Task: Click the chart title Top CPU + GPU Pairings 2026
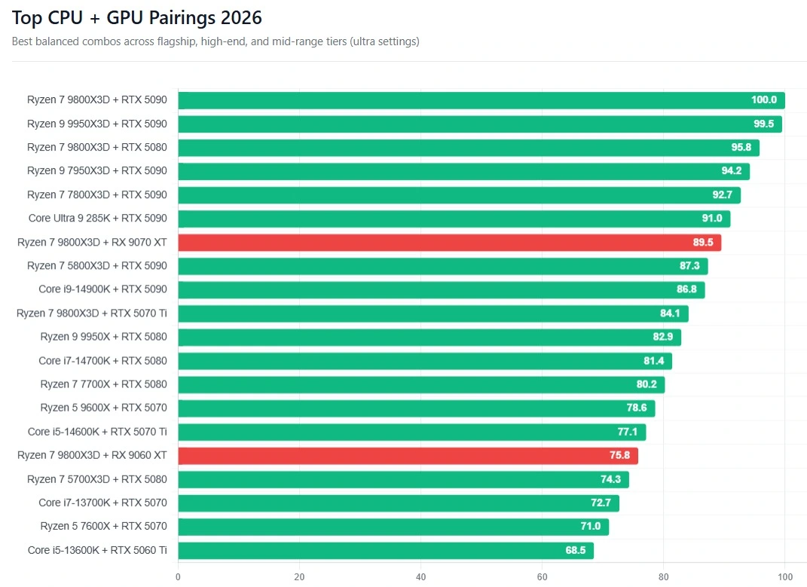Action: click(x=137, y=18)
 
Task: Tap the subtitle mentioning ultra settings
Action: click(x=216, y=41)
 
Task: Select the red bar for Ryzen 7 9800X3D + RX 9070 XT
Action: click(x=449, y=243)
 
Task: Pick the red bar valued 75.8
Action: click(x=408, y=456)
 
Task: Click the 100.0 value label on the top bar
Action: click(x=763, y=100)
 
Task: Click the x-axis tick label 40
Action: click(x=420, y=577)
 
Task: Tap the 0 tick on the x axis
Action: click(x=178, y=577)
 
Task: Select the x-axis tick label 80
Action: click(x=663, y=577)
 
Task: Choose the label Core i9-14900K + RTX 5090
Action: click(x=102, y=289)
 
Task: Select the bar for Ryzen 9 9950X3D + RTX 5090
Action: click(x=479, y=124)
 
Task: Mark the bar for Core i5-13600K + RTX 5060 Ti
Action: click(x=385, y=551)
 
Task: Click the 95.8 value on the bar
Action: click(x=741, y=148)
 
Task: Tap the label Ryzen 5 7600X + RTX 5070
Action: click(x=103, y=526)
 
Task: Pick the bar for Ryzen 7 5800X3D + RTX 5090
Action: click(x=442, y=266)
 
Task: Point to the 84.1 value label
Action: click(x=670, y=313)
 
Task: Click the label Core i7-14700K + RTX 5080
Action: click(x=102, y=361)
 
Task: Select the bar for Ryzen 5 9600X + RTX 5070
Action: click(x=416, y=408)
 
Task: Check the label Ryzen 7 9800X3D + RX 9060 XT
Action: click(x=92, y=455)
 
